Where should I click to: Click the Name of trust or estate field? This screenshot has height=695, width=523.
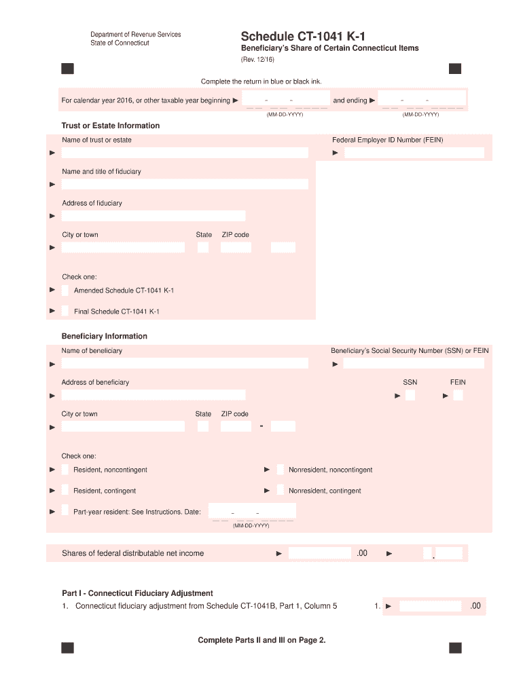[185, 153]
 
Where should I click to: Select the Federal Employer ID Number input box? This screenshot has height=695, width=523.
[414, 153]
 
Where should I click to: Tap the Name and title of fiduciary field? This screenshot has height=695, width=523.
[185, 184]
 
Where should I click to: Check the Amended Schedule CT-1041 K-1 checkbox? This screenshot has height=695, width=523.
[65, 290]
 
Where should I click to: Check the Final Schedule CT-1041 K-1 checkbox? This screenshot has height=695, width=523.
[65, 312]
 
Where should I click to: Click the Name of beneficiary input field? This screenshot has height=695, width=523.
[185, 363]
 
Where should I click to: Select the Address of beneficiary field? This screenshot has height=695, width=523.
[154, 395]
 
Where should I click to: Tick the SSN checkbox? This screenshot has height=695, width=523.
[410, 395]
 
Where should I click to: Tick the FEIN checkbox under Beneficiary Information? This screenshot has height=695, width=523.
[458, 395]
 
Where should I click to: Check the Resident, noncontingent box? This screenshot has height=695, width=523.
[65, 470]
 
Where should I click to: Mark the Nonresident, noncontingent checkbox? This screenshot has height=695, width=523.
[280, 470]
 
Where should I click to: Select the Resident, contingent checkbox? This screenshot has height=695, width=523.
[65, 490]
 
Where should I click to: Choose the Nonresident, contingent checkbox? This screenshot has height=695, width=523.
[280, 490]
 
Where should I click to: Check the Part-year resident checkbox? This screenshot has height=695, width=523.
[65, 511]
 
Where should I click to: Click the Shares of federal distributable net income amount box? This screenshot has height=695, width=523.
[320, 553]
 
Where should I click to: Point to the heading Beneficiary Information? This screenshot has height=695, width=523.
[105, 336]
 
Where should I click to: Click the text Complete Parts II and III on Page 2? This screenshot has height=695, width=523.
[261, 640]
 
